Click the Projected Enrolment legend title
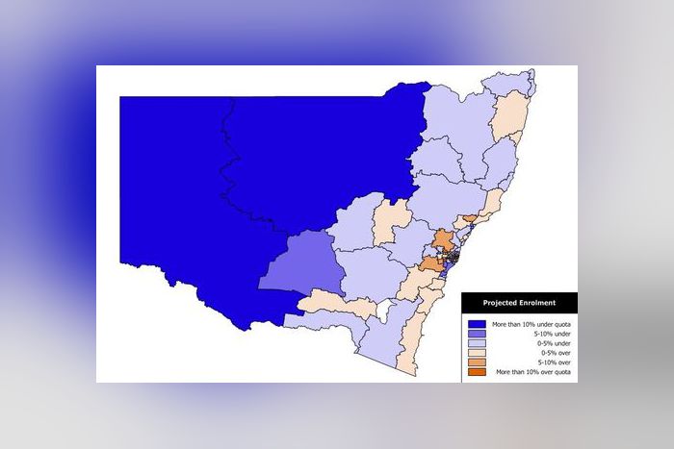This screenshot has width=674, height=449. [x=518, y=304]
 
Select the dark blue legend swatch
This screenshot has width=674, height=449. [x=476, y=325]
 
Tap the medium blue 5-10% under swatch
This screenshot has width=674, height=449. [x=476, y=335]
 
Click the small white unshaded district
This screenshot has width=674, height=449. [x=385, y=311]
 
